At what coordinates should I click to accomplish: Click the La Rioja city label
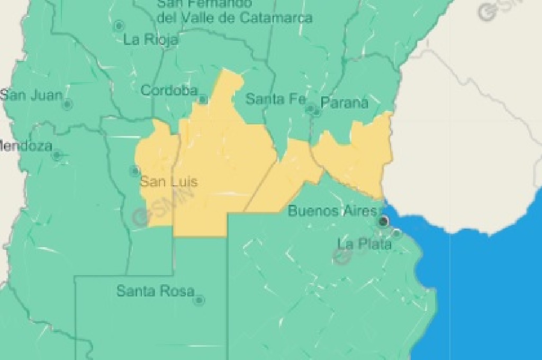pos(151,40)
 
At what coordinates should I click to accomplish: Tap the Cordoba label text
pos(169,91)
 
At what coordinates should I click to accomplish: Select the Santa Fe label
pos(268,98)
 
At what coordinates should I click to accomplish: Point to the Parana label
pos(345,103)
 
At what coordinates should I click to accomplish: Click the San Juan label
pos(31,95)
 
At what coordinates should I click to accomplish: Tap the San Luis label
pos(168,182)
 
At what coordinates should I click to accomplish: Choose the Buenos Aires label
pos(332,211)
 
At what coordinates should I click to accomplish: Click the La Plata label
pos(365,244)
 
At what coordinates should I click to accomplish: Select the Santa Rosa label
pos(155,291)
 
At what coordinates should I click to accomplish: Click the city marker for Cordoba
pos(203,100)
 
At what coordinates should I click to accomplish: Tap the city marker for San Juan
pos(67,104)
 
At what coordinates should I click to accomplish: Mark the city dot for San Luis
pos(134,170)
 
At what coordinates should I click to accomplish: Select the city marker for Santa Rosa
pos(199,300)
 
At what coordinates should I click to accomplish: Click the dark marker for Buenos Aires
pos(384,221)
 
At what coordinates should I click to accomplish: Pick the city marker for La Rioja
pos(119,25)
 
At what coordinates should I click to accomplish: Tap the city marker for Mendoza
pos(57,156)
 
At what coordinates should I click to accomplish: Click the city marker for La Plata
pos(396,232)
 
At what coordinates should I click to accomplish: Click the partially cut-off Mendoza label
pos(25,145)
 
